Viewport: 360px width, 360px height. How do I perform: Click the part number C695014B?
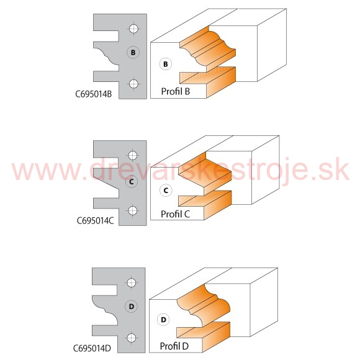coord(94,94)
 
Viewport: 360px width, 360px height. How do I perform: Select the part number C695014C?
coord(95,221)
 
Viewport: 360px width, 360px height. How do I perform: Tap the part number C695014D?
coord(92,348)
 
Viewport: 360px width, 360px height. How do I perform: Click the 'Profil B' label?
coord(176,91)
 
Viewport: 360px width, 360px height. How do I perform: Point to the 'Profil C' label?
coord(175,214)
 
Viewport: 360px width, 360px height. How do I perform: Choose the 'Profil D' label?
coord(174,346)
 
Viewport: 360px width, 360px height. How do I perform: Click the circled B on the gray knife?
coord(133,53)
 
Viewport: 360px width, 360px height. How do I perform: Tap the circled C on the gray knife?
coord(132,182)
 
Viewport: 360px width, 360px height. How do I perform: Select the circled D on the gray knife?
coord(132,306)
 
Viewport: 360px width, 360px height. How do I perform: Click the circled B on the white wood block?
coord(166,65)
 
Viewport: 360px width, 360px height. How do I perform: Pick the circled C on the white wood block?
coord(166,191)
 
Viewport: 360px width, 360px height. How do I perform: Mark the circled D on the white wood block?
coord(163,320)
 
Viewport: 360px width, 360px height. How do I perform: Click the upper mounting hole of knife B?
coord(133,29)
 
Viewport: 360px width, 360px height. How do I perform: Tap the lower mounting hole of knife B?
coord(133,84)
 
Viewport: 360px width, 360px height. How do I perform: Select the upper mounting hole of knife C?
coord(132,155)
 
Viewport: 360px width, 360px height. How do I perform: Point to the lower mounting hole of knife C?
coord(132,210)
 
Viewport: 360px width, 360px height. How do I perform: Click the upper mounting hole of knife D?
coord(132,282)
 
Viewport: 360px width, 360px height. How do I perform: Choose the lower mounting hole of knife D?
coord(132,338)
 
